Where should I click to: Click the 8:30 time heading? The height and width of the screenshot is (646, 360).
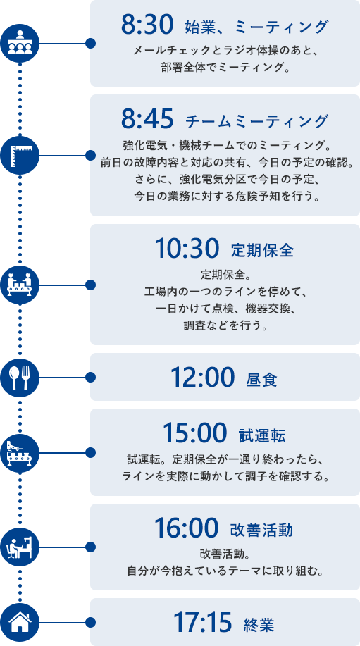point(146,25)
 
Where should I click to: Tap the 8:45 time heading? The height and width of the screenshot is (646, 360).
point(146,120)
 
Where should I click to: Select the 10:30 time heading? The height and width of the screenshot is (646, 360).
point(186,249)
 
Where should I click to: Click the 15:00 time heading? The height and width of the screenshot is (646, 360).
point(195,433)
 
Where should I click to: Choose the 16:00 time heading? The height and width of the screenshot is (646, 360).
point(186,527)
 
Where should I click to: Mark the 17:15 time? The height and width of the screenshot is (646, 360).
point(201,622)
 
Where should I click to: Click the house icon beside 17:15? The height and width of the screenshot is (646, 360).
point(20,622)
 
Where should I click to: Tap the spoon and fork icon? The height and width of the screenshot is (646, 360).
point(20,378)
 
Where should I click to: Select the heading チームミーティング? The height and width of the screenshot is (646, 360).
point(257,121)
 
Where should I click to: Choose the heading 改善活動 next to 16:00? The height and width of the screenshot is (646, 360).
point(261,530)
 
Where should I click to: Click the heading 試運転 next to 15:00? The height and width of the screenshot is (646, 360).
point(262,435)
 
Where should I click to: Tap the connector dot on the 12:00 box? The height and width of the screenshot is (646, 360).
point(91,378)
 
